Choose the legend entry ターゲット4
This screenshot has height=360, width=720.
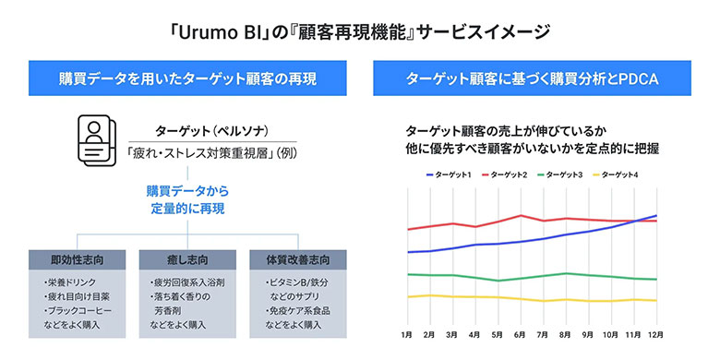point(619,174)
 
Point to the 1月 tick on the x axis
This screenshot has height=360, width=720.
point(407,334)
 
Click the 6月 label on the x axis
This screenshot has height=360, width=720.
point(520,334)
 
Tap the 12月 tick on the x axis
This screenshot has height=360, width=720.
point(656,334)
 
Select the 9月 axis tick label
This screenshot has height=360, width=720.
point(588,334)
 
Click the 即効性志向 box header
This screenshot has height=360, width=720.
point(78,258)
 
